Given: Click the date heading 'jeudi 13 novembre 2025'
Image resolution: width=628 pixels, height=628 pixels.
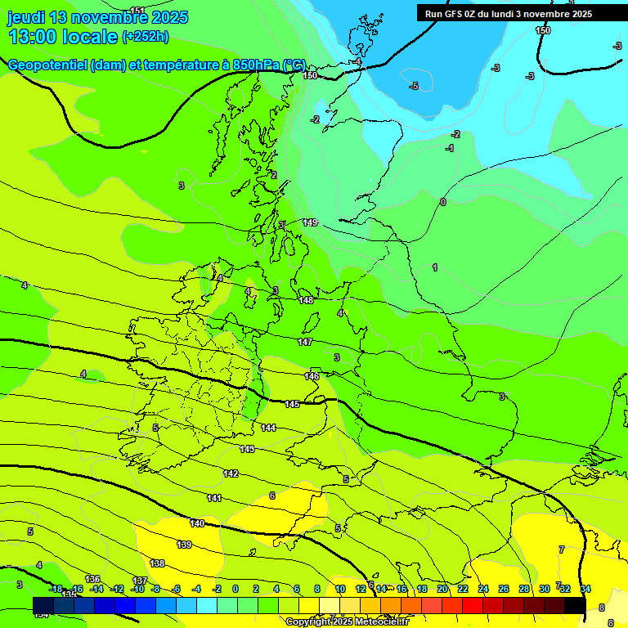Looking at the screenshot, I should click(x=97, y=17).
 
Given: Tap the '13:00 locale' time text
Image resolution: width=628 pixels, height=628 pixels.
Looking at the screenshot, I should click(x=63, y=36).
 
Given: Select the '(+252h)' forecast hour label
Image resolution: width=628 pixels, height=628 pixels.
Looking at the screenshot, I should click(x=146, y=36).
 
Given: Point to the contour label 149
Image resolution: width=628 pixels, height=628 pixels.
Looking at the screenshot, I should click(x=310, y=222).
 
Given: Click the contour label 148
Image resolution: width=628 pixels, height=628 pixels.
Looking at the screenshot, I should click(x=306, y=300).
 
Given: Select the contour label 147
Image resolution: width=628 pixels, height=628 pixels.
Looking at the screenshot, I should click(x=305, y=342).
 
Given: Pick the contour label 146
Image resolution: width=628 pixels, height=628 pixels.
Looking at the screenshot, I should click(x=312, y=376).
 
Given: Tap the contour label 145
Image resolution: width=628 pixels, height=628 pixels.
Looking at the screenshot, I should click(x=292, y=404).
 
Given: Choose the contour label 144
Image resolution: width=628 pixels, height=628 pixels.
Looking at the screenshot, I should click(x=268, y=428).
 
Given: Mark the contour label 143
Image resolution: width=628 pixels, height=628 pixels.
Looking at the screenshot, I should click(x=247, y=449).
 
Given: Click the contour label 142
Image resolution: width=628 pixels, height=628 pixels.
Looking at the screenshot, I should click(x=231, y=473).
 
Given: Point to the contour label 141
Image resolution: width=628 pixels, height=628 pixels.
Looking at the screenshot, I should click(x=214, y=498).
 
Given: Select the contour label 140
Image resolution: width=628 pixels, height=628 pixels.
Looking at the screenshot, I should click(x=197, y=523).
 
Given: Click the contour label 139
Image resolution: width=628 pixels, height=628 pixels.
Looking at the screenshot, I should click(x=184, y=545).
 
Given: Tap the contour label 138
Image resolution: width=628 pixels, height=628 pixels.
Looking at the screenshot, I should click(x=157, y=563).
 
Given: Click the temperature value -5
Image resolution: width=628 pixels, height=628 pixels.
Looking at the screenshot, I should click(x=415, y=86).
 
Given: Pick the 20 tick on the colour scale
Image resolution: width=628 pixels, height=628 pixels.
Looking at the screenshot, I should click(x=442, y=589).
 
